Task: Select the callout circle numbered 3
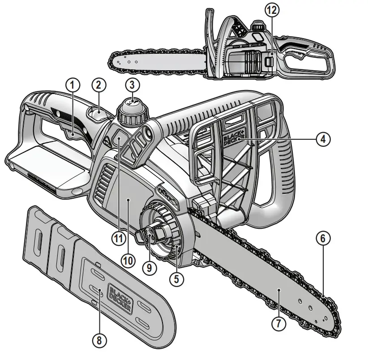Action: pyautogui.click(x=132, y=84)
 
